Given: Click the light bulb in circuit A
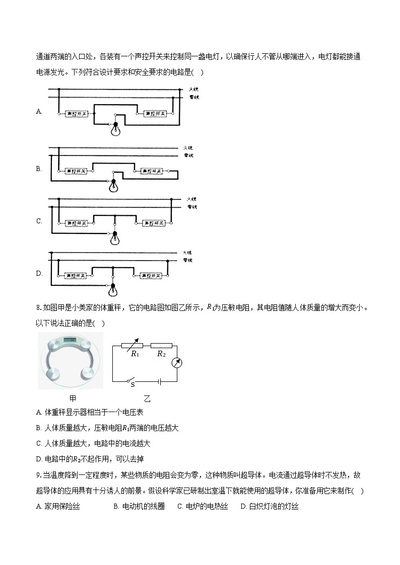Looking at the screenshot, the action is (x=115, y=130).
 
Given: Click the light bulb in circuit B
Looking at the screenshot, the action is (x=113, y=187).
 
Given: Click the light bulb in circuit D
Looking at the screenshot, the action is (x=113, y=290).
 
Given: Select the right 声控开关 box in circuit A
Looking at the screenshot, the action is (x=156, y=114).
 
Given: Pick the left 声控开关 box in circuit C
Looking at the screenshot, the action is (x=78, y=222).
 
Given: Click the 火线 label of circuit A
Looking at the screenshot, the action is (x=193, y=89).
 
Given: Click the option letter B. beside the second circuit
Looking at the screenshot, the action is (x=39, y=169).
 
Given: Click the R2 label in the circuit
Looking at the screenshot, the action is (x=161, y=354).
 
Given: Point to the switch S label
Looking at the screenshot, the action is (x=133, y=385).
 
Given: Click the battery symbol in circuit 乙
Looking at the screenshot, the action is (x=160, y=381).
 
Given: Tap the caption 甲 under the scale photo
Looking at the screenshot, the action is (x=73, y=398).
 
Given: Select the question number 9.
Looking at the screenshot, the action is (x=39, y=475).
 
